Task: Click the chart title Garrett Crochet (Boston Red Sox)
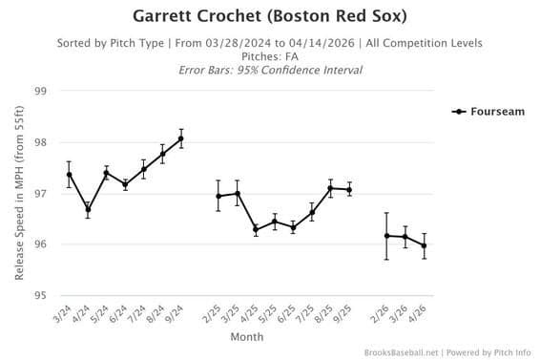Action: (x=270, y=16)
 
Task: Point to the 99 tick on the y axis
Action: (x=40, y=92)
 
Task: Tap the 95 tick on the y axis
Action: (x=40, y=295)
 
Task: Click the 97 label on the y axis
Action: (x=40, y=194)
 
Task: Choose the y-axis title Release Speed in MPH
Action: (x=19, y=193)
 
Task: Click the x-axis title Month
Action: (x=246, y=336)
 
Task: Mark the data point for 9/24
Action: (x=181, y=138)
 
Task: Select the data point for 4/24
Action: (x=88, y=209)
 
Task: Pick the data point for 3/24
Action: (x=70, y=174)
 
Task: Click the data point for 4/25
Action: (x=256, y=229)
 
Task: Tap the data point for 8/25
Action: (x=330, y=188)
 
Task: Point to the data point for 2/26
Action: (x=386, y=235)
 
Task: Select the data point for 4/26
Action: (x=424, y=245)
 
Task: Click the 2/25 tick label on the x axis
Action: (x=215, y=312)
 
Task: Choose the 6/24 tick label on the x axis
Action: (x=121, y=312)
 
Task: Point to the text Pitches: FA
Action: (x=270, y=56)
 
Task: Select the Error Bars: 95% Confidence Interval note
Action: (x=270, y=70)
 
